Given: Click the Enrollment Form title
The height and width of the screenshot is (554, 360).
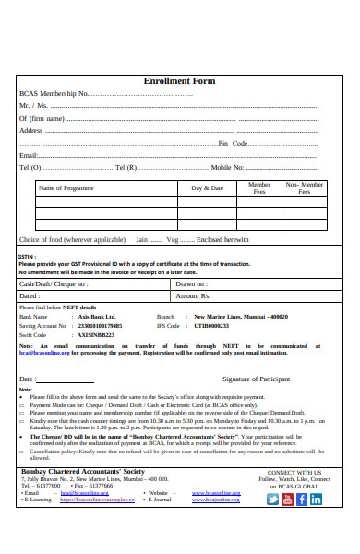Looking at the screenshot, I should pos(179,81).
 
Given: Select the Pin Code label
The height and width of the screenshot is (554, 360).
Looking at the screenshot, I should pos(233,143).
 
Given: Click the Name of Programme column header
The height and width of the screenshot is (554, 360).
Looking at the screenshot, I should pos(66,188).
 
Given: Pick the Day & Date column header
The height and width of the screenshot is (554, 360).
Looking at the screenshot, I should pos(207,188).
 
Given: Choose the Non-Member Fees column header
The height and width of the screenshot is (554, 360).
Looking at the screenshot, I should pos(305,188).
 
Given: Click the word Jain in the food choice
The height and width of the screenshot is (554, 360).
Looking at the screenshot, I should pos(142,239).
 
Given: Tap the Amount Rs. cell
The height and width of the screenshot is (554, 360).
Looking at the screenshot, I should pos(194,296).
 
